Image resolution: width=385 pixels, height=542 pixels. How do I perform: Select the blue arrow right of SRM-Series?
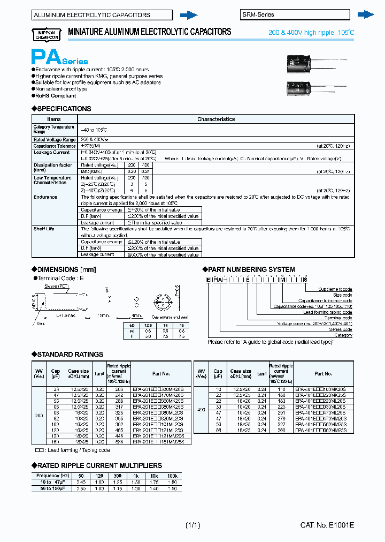tap(365, 14)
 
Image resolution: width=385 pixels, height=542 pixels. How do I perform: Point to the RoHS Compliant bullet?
tap(56, 96)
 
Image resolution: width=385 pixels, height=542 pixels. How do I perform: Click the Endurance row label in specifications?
tap(45, 197)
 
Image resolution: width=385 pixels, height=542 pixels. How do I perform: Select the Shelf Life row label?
tap(44, 229)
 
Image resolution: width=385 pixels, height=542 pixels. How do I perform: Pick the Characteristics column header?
tap(216, 119)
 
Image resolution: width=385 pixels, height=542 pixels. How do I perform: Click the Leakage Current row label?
tap(51, 153)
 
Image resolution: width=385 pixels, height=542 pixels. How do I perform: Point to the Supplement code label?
tap(335, 289)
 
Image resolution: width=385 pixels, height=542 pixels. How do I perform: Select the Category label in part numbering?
tap(343, 335)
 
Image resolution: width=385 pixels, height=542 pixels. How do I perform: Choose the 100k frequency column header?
tap(172, 476)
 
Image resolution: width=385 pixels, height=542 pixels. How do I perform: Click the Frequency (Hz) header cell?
tap(52, 476)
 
